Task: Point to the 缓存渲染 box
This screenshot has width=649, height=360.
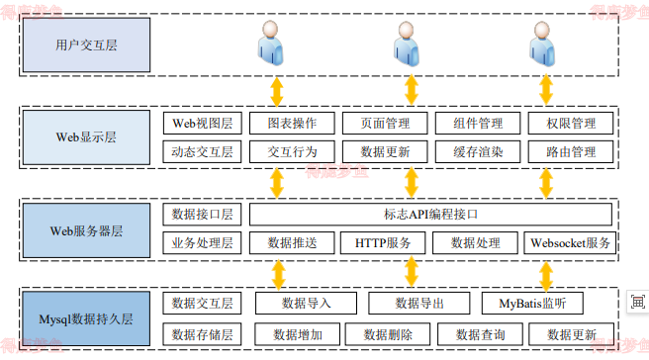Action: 478,152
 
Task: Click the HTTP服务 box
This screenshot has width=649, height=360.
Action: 384,242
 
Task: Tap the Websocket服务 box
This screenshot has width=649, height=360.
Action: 570,242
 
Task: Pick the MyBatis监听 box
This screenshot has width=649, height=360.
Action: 539,303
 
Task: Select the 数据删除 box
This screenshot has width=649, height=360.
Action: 382,334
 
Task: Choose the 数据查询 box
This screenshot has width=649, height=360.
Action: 473,334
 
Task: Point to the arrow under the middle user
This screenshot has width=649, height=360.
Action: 412,91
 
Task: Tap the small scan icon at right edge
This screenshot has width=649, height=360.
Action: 636,302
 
